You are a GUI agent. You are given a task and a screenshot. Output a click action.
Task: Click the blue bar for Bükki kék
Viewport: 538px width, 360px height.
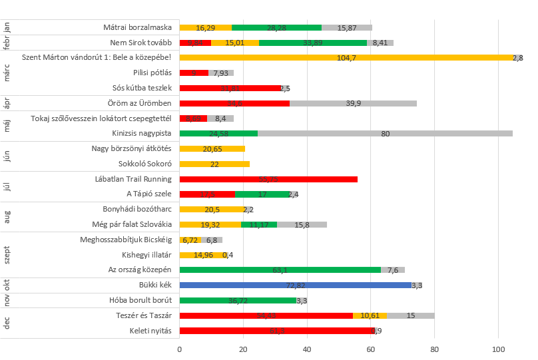coord(296,285)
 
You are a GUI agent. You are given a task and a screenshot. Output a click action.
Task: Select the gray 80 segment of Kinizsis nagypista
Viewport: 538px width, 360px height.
coord(385,133)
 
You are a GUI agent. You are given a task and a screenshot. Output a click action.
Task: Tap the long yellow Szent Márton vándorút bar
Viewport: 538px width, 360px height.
coord(346,58)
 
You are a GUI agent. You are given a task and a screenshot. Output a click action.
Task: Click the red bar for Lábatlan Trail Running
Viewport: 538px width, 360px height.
coord(268,179)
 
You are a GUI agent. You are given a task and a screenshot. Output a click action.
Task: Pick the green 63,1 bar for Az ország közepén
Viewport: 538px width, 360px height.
coord(280,270)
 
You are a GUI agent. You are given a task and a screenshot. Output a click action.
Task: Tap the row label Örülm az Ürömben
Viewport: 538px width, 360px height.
coord(140,103)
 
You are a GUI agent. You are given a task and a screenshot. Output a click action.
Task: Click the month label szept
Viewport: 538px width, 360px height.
coord(7,255)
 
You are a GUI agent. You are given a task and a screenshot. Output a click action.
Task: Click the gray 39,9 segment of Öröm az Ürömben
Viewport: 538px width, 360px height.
coord(353,103)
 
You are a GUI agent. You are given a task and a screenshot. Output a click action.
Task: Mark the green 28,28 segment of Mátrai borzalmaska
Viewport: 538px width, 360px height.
coord(276,28)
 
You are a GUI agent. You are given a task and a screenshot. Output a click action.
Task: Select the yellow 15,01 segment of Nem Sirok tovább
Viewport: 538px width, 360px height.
coord(235,43)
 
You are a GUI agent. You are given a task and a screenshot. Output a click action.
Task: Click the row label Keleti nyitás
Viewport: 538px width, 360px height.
coord(151,331)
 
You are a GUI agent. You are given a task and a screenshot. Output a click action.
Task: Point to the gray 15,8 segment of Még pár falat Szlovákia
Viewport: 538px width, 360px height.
coord(302,224)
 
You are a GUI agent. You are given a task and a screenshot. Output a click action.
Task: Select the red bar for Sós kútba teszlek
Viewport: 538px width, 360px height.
coord(230,88)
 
